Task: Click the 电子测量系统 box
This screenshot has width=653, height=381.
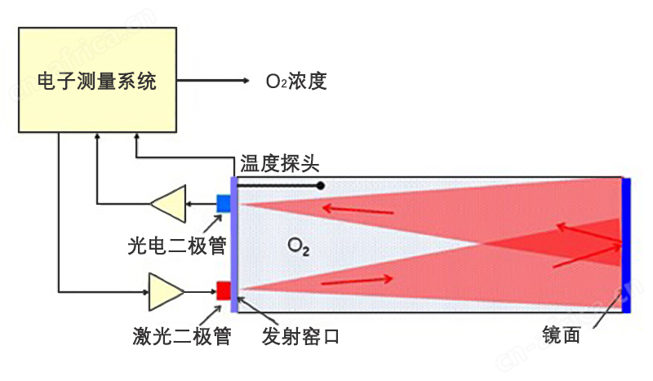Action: [97, 80]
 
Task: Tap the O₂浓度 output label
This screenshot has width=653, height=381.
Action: [296, 81]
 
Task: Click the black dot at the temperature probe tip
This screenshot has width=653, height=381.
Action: [321, 186]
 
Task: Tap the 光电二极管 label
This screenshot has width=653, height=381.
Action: [177, 245]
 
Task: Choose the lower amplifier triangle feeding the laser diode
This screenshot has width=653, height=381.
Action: [167, 290]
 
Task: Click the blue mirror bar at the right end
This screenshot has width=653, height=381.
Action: [626, 245]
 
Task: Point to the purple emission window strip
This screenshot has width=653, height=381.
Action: [234, 245]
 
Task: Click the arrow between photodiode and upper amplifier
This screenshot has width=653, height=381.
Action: [201, 203]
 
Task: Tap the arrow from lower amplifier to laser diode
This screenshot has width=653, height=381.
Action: [199, 290]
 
